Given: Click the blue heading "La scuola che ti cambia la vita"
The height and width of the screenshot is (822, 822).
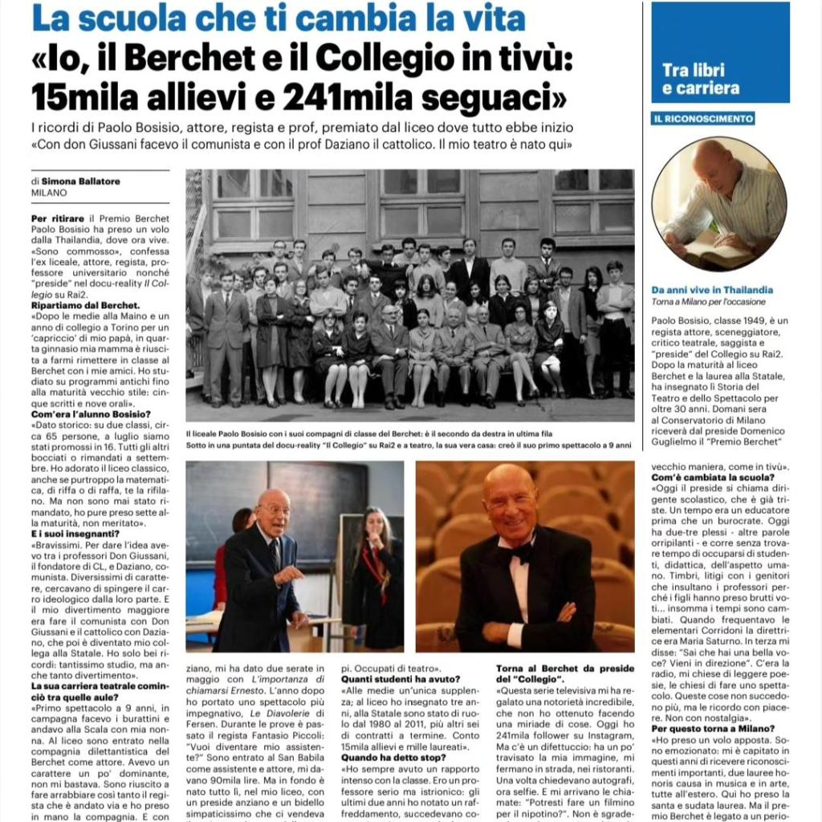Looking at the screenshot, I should [279, 18].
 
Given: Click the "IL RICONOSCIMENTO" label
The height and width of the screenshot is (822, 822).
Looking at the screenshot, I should [702, 119].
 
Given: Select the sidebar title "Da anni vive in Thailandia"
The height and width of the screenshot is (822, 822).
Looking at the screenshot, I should [712, 290].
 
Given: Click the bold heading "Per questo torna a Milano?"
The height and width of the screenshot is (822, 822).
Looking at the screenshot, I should [713, 728].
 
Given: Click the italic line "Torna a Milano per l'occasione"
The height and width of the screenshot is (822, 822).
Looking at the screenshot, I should [708, 302].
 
